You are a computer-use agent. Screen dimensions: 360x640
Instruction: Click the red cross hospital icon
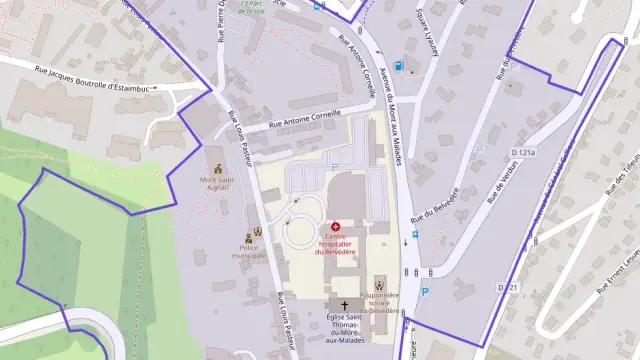pyautogui.click(x=335, y=228)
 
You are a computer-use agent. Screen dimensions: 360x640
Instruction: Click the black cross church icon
pyautogui.click(x=344, y=304)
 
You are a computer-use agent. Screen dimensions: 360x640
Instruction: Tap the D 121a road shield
pyautogui.click(x=523, y=152)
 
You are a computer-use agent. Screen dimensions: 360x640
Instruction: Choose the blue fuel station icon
pyautogui.click(x=399, y=66)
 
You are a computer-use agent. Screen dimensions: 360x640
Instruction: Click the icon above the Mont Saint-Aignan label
pyautogui.click(x=219, y=167)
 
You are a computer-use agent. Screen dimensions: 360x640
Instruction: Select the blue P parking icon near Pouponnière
pyautogui.click(x=424, y=292)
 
